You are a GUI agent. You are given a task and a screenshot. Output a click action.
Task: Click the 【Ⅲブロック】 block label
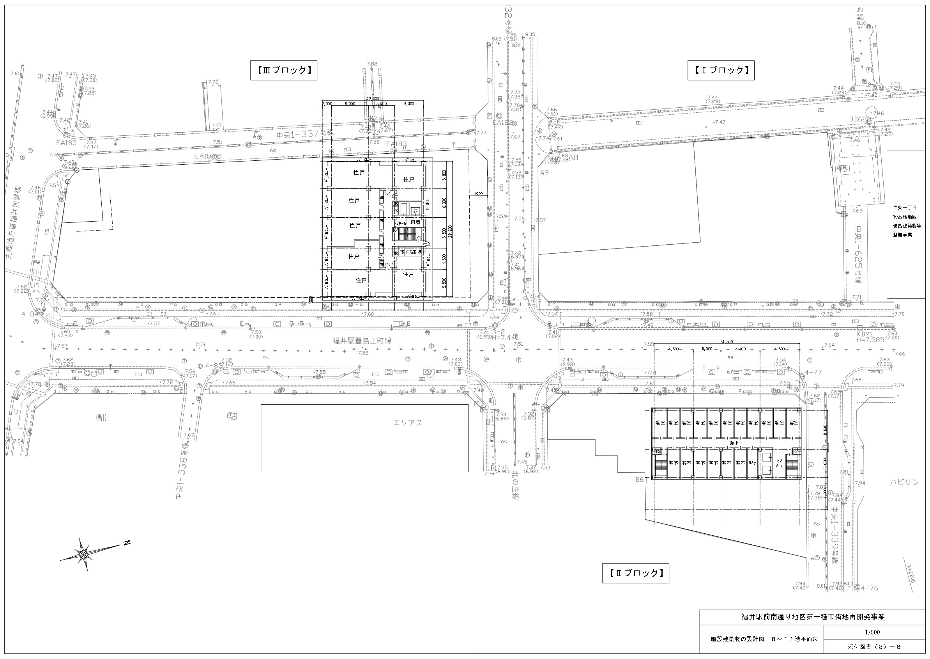[x=283, y=70]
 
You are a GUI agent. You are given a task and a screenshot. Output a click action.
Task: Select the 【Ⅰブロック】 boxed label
[x=720, y=70]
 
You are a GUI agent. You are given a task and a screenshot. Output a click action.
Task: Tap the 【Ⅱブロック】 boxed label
[x=635, y=573]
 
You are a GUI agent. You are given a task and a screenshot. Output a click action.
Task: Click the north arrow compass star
[x=83, y=554]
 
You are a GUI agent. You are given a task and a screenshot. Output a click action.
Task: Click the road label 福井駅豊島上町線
[x=362, y=341]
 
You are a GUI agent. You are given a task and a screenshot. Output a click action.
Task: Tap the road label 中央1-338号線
[x=183, y=479]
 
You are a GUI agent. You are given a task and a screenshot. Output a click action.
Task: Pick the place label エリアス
[x=408, y=423]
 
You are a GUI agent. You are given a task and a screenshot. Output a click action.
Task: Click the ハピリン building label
[x=904, y=482]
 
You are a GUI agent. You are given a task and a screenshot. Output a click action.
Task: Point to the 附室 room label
[x=415, y=223]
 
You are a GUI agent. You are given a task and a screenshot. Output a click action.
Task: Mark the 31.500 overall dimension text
[x=727, y=342]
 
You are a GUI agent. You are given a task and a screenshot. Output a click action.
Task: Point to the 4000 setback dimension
[x=478, y=194]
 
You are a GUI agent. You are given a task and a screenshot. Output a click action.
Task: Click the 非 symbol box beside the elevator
[x=415, y=211]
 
